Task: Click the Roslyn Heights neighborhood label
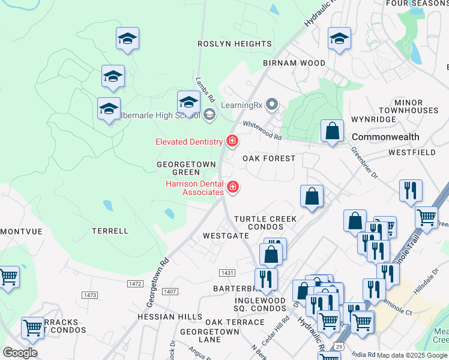click(235, 44)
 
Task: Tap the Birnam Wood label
click(294, 63)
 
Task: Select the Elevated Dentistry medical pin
click(232, 142)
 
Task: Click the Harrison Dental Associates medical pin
click(233, 188)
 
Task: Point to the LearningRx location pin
click(272, 105)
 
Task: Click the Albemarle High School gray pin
click(209, 115)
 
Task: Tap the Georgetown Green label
click(178, 168)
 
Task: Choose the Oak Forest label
click(269, 158)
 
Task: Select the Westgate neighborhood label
click(226, 236)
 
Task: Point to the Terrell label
click(110, 230)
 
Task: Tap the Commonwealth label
click(385, 137)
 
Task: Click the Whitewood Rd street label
click(262, 130)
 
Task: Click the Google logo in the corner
click(20, 353)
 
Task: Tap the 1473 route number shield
click(91, 295)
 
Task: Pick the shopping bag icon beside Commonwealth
click(332, 131)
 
